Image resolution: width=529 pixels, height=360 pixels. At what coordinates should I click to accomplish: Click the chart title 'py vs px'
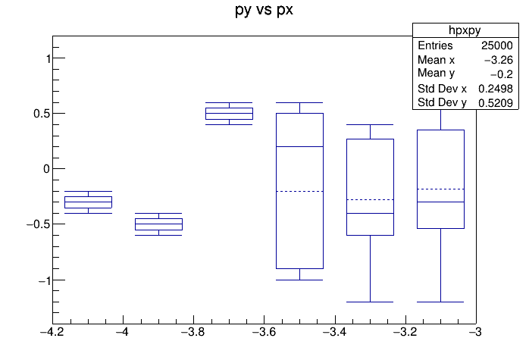click(264, 11)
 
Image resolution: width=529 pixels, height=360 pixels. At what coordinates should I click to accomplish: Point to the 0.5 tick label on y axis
click(39, 114)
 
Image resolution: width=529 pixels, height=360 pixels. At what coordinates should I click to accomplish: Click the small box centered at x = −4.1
click(88, 202)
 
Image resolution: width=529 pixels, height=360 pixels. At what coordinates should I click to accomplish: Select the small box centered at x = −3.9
click(158, 224)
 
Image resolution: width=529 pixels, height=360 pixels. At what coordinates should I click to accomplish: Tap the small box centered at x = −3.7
click(229, 114)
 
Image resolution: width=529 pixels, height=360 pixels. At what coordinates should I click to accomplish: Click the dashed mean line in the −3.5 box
click(299, 191)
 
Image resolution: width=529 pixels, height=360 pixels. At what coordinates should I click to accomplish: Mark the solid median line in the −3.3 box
click(370, 213)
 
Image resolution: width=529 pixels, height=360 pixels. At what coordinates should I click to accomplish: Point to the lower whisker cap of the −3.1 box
click(440, 302)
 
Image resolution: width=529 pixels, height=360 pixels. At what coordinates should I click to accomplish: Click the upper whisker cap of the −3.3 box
click(370, 124)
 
